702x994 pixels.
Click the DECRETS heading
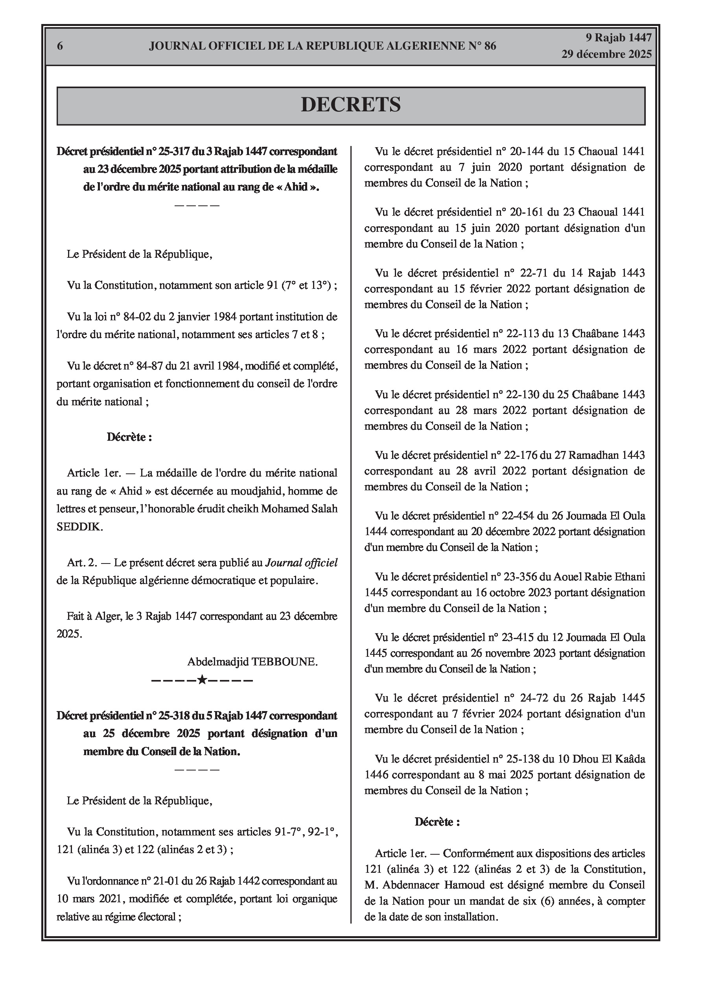[x=350, y=105]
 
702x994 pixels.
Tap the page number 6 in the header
[x=60, y=46]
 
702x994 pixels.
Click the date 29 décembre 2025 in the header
[x=606, y=54]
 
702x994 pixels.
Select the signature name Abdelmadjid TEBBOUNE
[x=252, y=661]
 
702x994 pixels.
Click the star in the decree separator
[x=202, y=680]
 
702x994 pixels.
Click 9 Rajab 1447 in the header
[x=619, y=38]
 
